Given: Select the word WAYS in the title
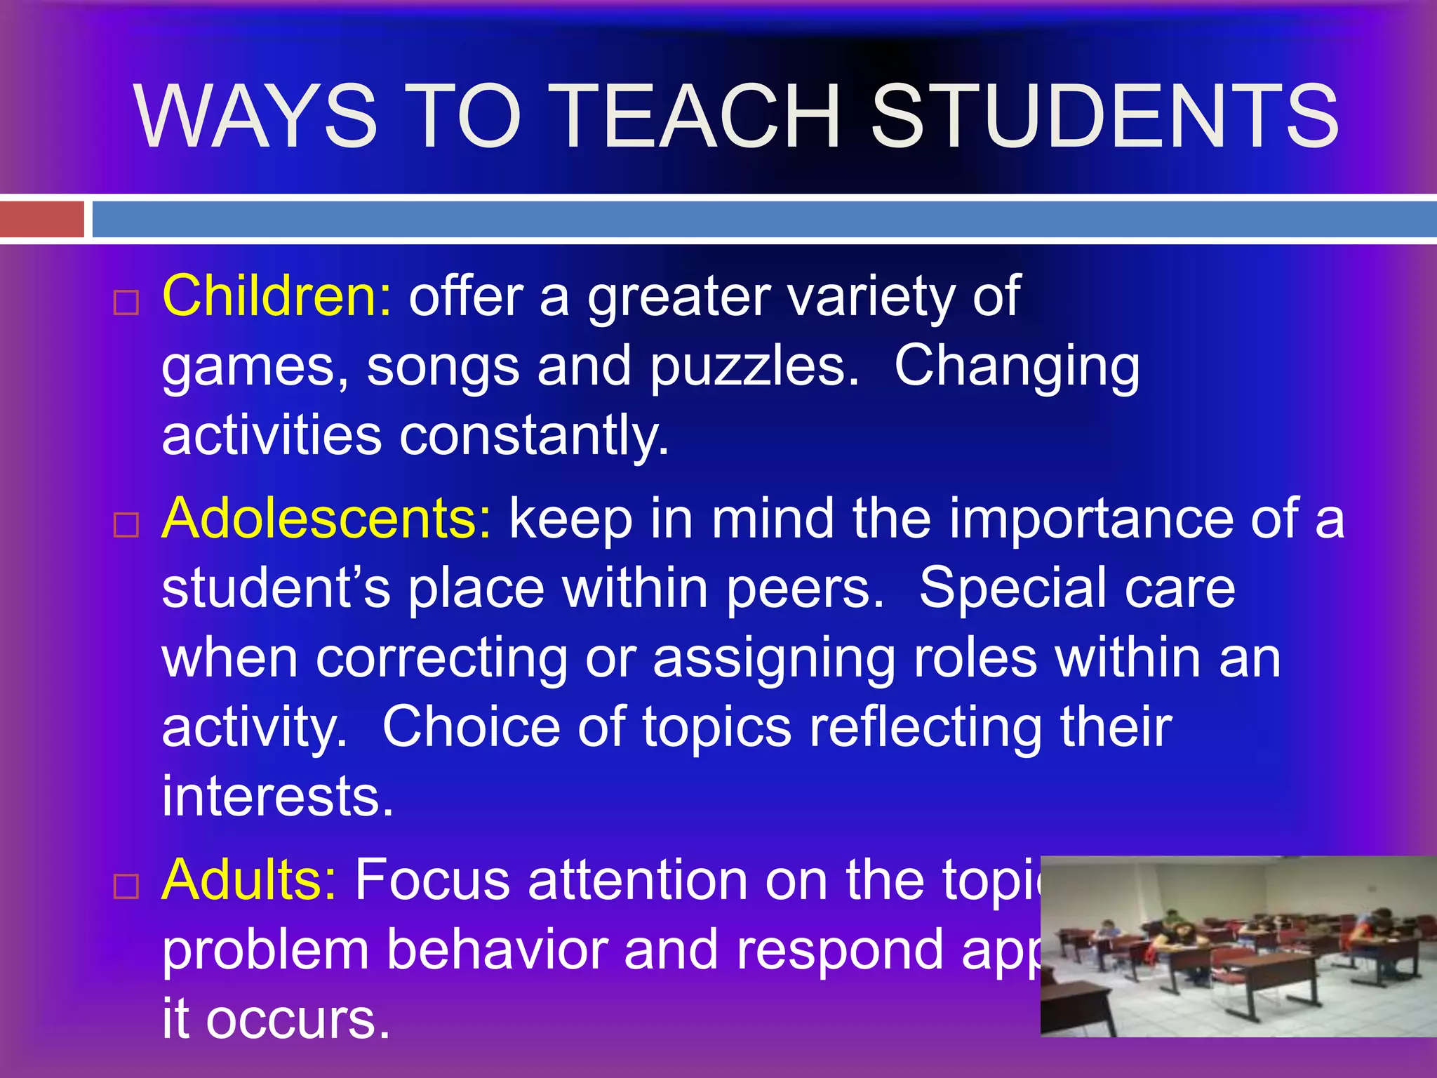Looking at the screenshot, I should [x=257, y=117].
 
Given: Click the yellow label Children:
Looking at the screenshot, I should [x=276, y=296].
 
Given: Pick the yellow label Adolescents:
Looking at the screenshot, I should [x=327, y=519].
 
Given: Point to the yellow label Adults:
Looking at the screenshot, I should [x=249, y=879].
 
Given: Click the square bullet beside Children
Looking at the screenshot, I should [x=126, y=303].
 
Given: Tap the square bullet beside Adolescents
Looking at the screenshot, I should [x=126, y=525].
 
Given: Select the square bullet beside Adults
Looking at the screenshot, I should [x=126, y=886].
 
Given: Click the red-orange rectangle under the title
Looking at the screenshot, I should [x=41, y=219].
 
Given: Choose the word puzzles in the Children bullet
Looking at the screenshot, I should [x=754, y=367].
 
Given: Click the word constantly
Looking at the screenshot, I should [x=534, y=436].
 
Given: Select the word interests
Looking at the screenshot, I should [x=277, y=797].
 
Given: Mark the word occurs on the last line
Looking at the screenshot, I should [x=298, y=1019].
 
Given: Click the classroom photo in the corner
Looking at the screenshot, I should [x=1238, y=946].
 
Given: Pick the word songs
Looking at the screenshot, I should [x=443, y=367].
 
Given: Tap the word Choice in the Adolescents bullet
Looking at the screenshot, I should [x=471, y=727].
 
